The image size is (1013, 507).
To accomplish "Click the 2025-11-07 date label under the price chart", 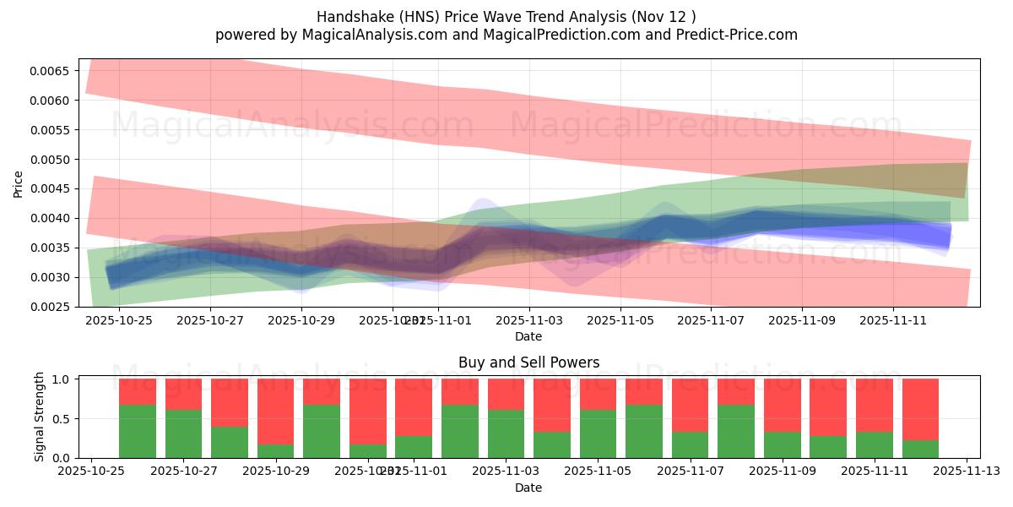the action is (x=712, y=321).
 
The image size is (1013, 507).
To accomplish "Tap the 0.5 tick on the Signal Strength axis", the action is (x=63, y=419).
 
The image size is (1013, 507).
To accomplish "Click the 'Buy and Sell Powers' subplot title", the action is (x=528, y=363).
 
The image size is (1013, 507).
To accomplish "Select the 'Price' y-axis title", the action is (x=19, y=183).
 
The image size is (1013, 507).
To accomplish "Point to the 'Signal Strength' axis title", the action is (x=39, y=417).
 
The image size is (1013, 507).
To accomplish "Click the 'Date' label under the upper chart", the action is (x=528, y=336).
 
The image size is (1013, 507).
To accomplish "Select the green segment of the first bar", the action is (x=138, y=431).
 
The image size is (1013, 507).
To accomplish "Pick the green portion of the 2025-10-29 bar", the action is (x=275, y=451).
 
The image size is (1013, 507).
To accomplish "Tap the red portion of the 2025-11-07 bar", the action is (x=690, y=406).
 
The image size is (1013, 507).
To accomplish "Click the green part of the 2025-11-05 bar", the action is (x=598, y=434).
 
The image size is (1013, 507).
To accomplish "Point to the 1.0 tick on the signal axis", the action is (x=63, y=379).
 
